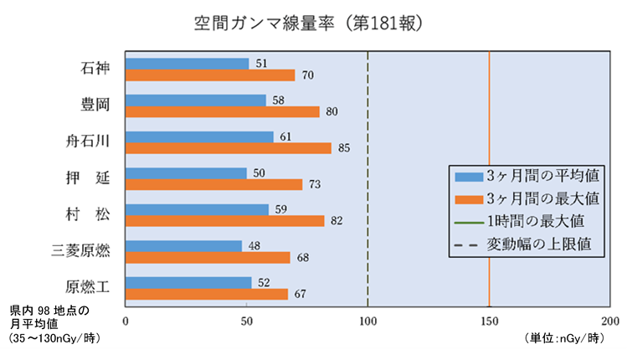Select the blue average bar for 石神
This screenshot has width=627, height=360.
coord(188,64)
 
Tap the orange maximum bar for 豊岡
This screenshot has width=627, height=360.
coord(223,112)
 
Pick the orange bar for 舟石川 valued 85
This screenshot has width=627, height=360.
coord(229,148)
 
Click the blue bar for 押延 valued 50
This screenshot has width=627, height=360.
coord(186,172)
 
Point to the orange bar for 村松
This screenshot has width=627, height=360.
coord(224,221)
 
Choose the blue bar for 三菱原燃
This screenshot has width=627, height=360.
coord(183,245)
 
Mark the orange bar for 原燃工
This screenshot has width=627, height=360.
coord(207,294)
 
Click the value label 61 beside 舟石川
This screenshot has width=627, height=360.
coord(285,136)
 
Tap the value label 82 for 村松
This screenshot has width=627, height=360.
coord(337,221)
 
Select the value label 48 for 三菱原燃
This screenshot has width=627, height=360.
coord(254,245)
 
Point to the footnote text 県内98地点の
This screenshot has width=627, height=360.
coord(49,310)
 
